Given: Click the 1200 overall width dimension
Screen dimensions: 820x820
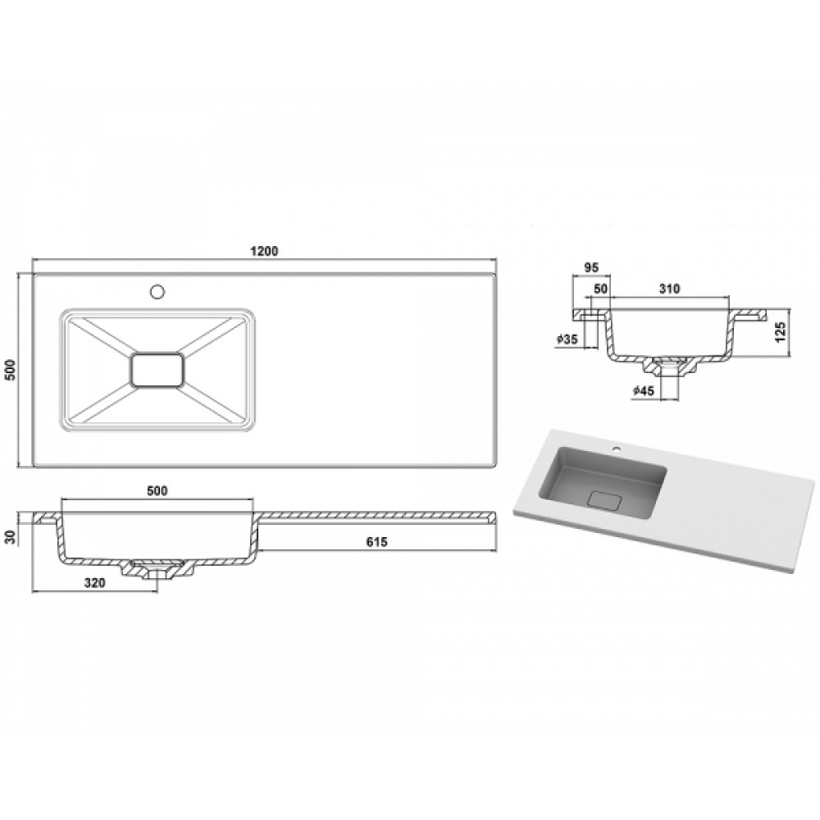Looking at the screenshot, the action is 263,250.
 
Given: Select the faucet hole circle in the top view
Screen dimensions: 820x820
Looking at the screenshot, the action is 157,291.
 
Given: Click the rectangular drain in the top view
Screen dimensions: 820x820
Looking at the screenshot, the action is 157,370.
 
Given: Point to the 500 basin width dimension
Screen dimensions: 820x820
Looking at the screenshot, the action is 157,490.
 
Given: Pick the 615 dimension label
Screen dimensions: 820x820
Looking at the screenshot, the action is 376,542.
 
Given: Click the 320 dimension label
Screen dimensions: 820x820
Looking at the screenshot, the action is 94,582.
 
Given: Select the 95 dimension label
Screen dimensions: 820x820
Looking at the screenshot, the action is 591,268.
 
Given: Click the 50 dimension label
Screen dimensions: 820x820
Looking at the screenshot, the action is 601,289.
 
